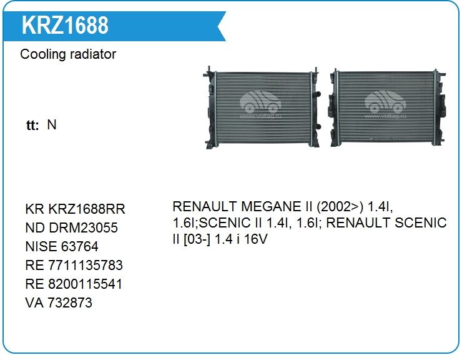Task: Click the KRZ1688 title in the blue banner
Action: pyautogui.click(x=65, y=26)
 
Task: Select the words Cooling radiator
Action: pyautogui.click(x=68, y=54)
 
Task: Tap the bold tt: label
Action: pyautogui.click(x=32, y=125)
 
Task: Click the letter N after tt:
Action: pyautogui.click(x=52, y=125)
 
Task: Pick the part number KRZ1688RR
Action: pyautogui.click(x=87, y=209)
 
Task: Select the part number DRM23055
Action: pyautogui.click(x=83, y=227)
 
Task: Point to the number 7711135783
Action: pyautogui.click(x=86, y=265)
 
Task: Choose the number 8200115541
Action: pyautogui.click(x=85, y=284)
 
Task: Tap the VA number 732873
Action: pyautogui.click(x=70, y=302)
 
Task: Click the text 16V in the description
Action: pyautogui.click(x=255, y=239)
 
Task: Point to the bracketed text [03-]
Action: pyautogui.click(x=197, y=239)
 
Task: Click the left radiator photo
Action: pyautogui.click(x=262, y=107)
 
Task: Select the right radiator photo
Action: pyautogui.click(x=387, y=107)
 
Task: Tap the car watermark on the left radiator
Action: pyautogui.click(x=260, y=104)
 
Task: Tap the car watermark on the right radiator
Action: pyautogui.click(x=385, y=104)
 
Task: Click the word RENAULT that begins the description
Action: pyautogui.click(x=205, y=206)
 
